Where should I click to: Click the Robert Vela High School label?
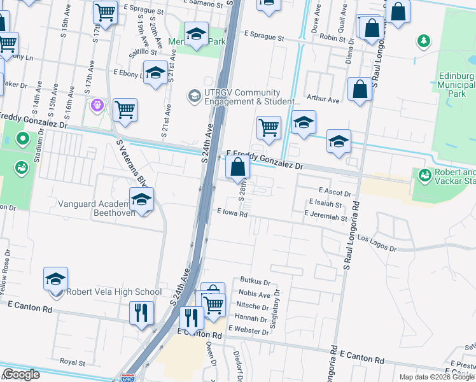click(114, 292)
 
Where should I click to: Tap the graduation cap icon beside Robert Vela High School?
click(56, 279)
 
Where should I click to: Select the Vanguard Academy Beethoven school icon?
click(141, 201)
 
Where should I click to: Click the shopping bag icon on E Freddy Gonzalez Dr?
click(237, 168)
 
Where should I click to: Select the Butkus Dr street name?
click(256, 281)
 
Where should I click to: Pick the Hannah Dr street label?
click(251, 318)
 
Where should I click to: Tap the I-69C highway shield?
click(129, 377)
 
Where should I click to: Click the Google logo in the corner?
click(21, 374)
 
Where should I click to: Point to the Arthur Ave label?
click(323, 99)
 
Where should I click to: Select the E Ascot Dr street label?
click(334, 192)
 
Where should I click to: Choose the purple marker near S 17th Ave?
click(97, 104)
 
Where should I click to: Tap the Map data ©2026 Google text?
click(437, 377)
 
